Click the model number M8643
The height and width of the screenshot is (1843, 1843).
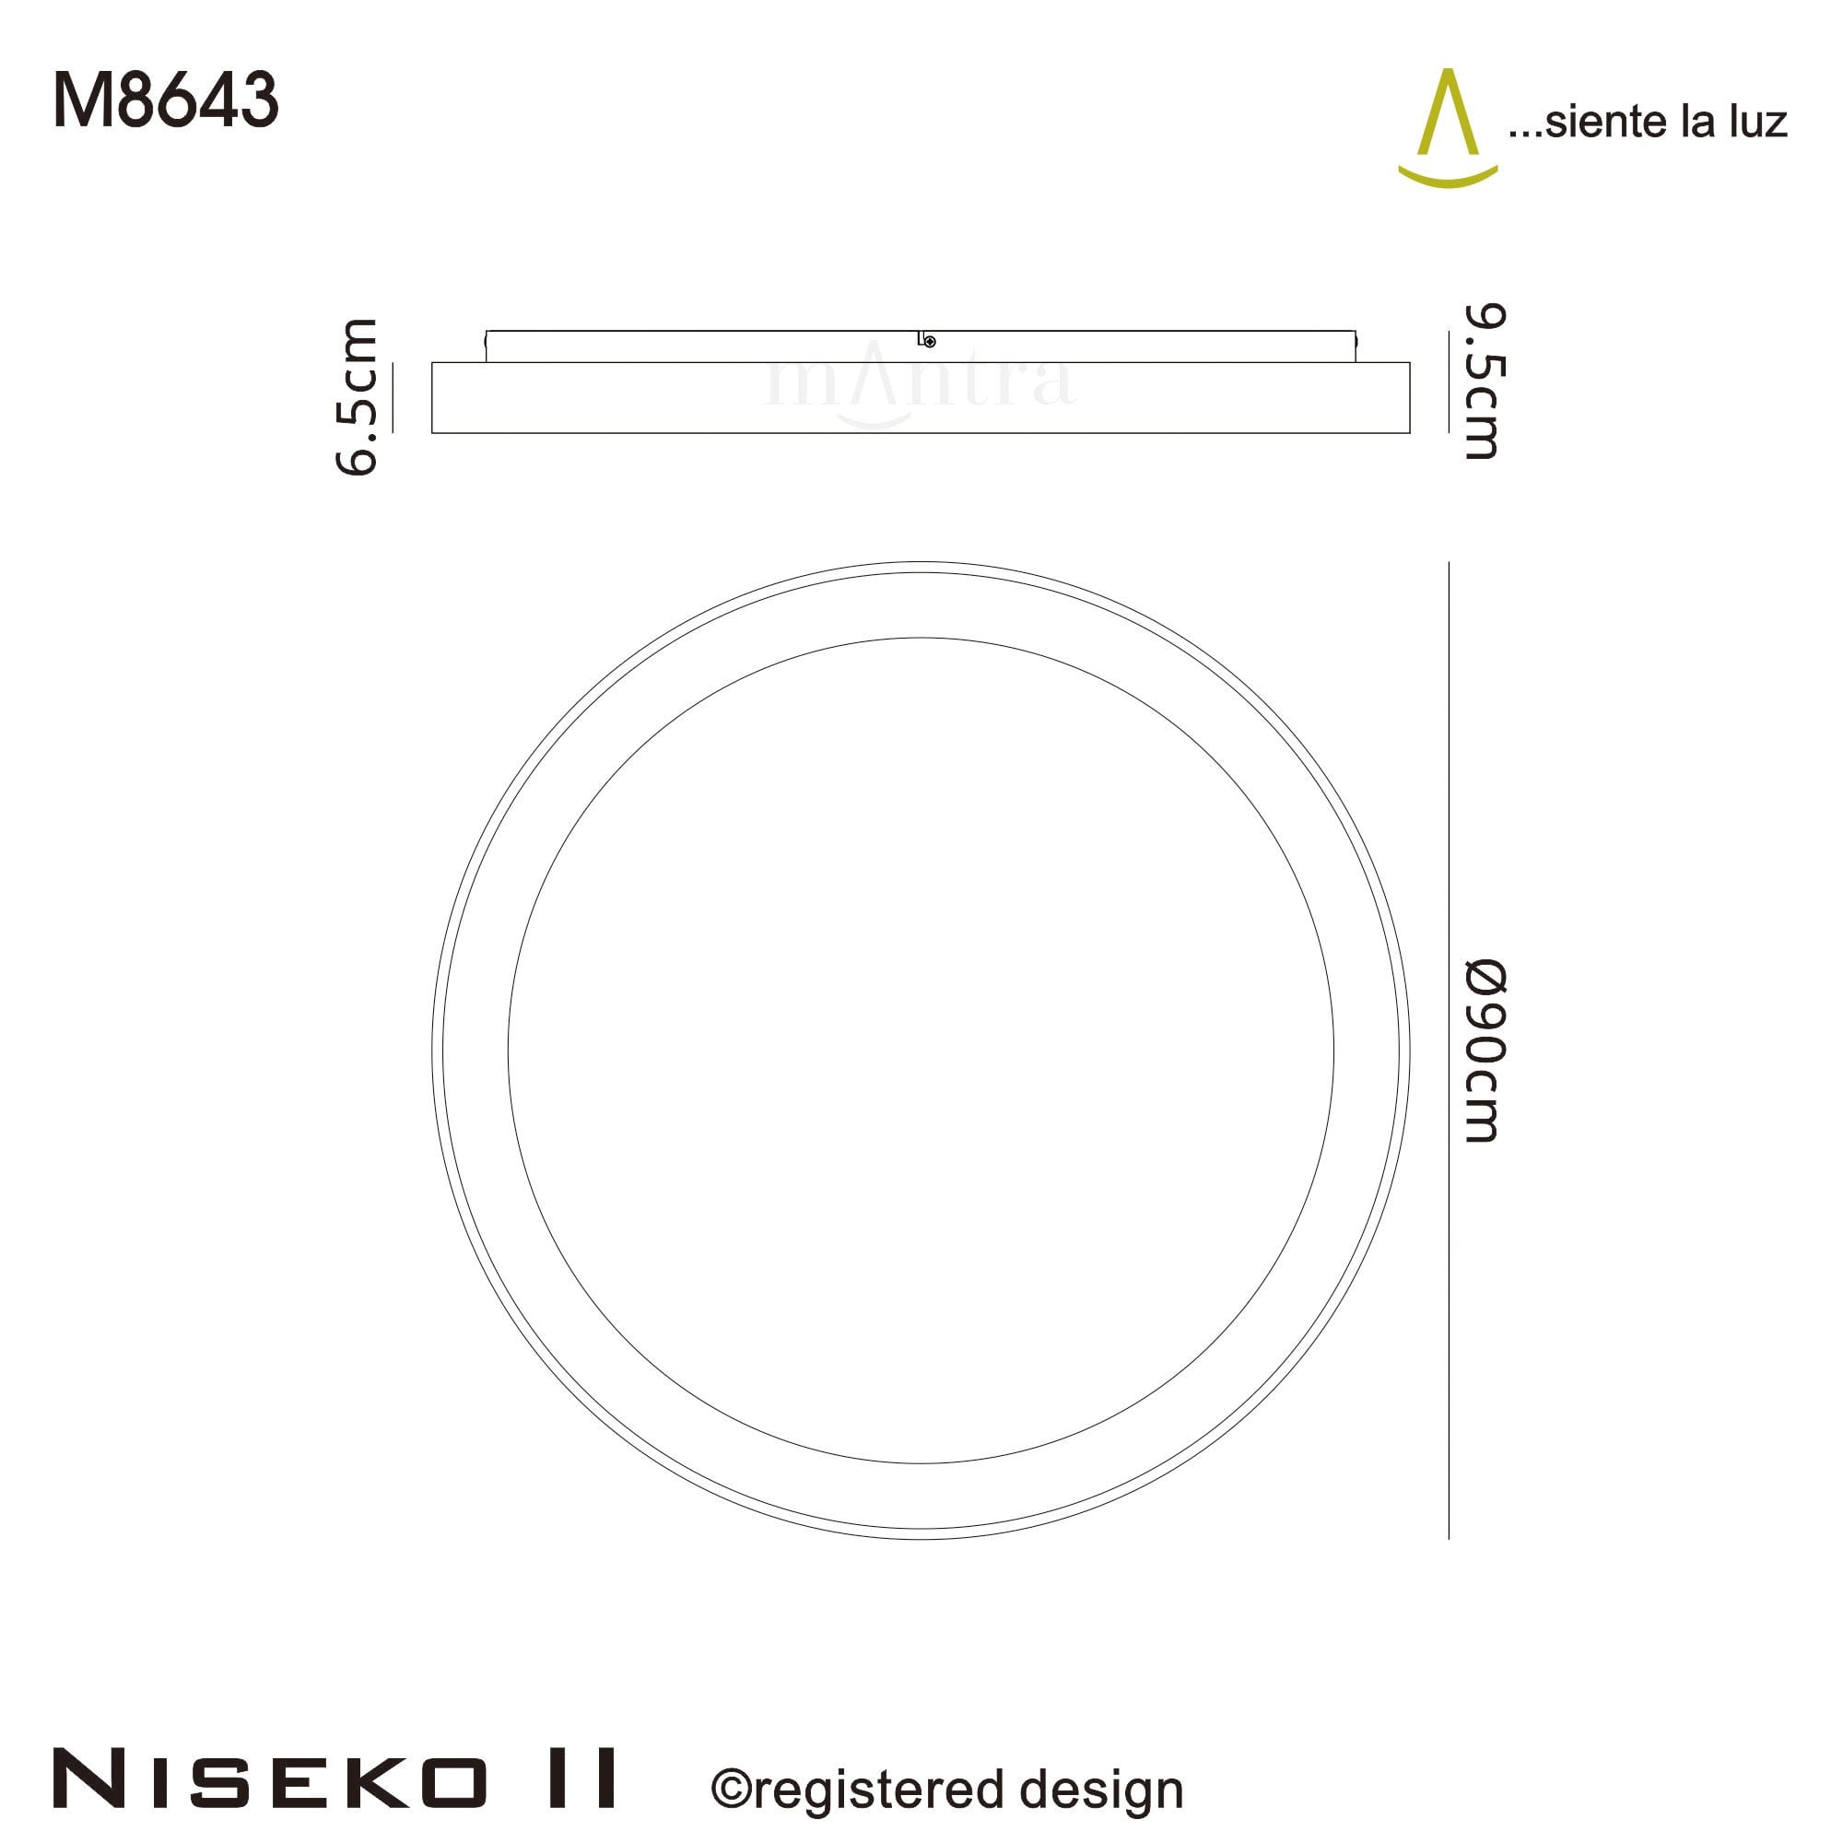tap(166, 101)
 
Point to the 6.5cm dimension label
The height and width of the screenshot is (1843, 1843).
tap(358, 397)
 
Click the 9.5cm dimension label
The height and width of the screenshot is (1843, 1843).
tap(1485, 382)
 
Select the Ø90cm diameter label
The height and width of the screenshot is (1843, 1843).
tap(1485, 1051)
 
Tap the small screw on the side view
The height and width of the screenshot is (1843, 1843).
tap(930, 342)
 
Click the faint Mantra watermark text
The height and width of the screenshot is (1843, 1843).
tap(921, 382)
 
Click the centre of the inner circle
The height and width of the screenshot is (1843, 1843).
tap(921, 1051)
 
